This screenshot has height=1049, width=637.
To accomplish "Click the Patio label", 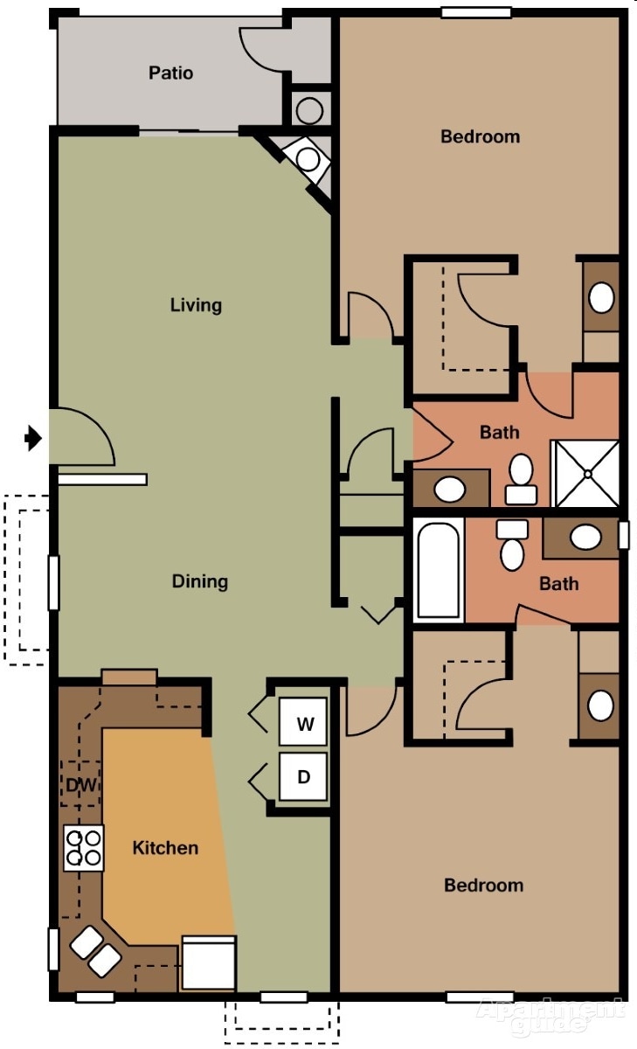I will click(170, 73).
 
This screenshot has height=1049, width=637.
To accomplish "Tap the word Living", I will click(196, 305).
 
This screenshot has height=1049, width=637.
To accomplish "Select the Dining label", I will click(199, 581).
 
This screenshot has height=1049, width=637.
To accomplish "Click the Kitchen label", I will click(165, 848).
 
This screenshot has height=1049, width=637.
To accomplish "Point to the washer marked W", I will click(303, 723).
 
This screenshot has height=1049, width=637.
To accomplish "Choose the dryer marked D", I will click(303, 776).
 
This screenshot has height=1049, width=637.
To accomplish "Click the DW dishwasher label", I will click(80, 785).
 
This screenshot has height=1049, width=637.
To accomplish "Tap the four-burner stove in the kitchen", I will click(84, 847).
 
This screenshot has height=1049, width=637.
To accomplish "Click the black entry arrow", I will click(33, 437).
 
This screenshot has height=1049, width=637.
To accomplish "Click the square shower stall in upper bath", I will click(587, 474).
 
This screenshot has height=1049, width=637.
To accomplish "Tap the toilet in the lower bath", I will click(512, 545).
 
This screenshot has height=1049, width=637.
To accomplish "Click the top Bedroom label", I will click(480, 136).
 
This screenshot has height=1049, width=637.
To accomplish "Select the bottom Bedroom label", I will click(483, 886).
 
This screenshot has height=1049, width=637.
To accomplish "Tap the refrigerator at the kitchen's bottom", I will click(209, 962).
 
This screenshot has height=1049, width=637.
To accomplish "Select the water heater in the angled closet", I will click(308, 158).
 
